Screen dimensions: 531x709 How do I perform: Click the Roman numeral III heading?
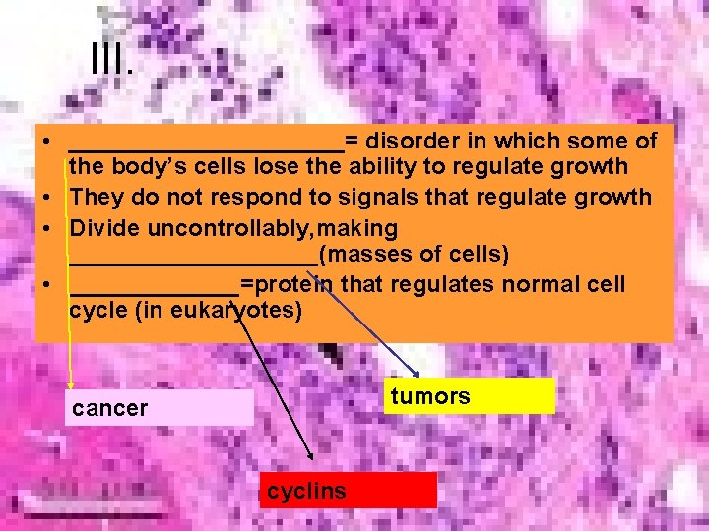110,60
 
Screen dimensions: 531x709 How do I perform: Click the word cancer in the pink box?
110,408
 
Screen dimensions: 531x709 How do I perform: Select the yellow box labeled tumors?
469,396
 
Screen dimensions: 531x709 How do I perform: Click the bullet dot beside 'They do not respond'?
47,198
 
